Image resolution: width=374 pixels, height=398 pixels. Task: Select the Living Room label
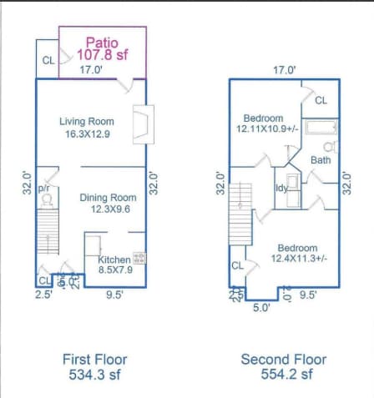point(87,122)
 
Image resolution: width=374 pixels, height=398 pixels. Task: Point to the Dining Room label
point(108,198)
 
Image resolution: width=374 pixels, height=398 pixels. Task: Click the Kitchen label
point(114,259)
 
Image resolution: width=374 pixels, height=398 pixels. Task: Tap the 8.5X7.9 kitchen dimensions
point(114,270)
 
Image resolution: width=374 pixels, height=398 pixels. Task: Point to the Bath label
point(321,159)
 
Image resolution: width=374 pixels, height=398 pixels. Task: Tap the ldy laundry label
point(281,188)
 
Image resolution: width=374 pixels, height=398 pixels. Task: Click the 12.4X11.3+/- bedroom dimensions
point(298,259)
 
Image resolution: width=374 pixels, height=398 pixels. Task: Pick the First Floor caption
point(95,360)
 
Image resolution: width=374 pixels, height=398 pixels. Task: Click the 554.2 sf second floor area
point(284,375)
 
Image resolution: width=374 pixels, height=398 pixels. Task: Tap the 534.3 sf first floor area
point(95,375)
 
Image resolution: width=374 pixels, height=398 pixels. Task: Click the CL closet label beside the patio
point(47,61)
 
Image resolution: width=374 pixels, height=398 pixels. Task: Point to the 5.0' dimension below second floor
point(261,308)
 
